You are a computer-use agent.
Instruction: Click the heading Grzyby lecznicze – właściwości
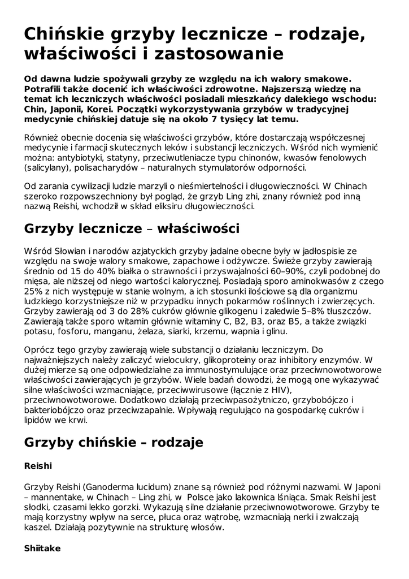132,229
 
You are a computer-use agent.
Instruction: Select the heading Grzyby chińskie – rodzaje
114,442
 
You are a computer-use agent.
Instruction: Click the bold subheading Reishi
38,466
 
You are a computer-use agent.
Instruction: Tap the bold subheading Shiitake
42,548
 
